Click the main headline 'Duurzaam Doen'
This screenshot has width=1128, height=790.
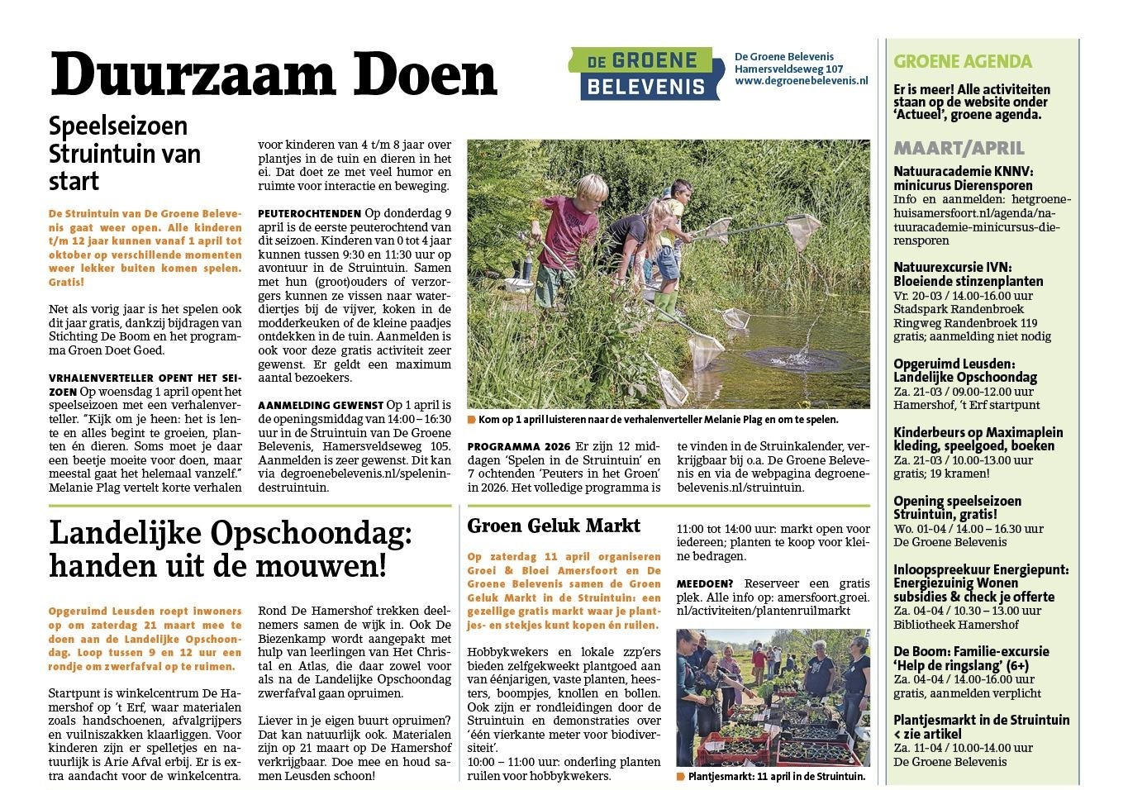pyautogui.click(x=273, y=74)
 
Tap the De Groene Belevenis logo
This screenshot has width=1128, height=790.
pyautogui.click(x=640, y=74)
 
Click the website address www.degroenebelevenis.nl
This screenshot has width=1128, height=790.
pyautogui.click(x=801, y=82)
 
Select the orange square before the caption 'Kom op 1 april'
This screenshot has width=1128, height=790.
pyautogui.click(x=471, y=419)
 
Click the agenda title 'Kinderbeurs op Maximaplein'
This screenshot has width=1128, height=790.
pyautogui.click(x=978, y=432)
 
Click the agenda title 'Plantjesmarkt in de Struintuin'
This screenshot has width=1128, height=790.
pyautogui.click(x=981, y=720)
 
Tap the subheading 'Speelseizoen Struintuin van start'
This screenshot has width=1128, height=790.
pyautogui.click(x=124, y=153)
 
